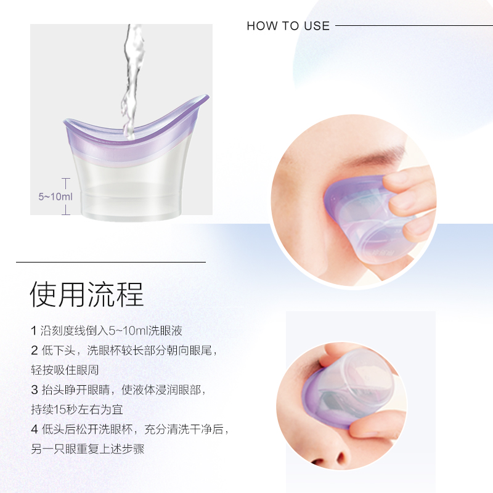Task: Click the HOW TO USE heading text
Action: pyautogui.click(x=288, y=26)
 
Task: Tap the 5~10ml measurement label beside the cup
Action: pyautogui.click(x=55, y=197)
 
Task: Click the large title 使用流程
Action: pyautogui.click(x=86, y=295)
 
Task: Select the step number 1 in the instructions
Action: pyautogui.click(x=33, y=331)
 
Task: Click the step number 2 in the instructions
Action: pyautogui.click(x=34, y=351)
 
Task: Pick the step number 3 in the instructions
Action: pyautogui.click(x=34, y=390)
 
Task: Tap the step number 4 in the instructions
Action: pyautogui.click(x=34, y=430)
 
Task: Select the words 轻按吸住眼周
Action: pyautogui.click(x=65, y=370)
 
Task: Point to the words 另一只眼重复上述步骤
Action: pyautogui.click(x=87, y=449)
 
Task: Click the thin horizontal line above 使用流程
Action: pyautogui.click(x=111, y=262)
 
